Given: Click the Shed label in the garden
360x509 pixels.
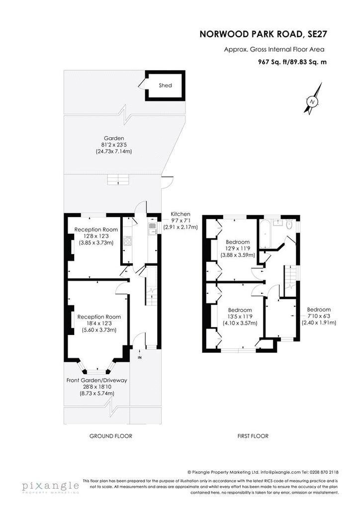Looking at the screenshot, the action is click(x=165, y=85).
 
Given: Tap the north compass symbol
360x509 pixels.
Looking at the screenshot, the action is click(x=313, y=98).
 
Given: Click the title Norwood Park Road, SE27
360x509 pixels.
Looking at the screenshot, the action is click(x=263, y=34).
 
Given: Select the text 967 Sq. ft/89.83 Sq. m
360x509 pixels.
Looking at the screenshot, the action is click(x=292, y=62).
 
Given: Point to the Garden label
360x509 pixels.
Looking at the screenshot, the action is click(x=114, y=138).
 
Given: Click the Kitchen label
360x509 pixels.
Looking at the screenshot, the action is click(x=180, y=214).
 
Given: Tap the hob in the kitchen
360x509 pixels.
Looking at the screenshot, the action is click(x=128, y=241).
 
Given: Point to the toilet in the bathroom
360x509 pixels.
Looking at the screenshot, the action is click(x=289, y=224).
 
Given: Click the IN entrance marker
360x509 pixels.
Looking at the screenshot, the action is click(x=140, y=358).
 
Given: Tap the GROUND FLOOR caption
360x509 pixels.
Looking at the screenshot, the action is click(x=111, y=436).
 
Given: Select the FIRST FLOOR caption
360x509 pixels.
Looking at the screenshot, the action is click(x=253, y=436).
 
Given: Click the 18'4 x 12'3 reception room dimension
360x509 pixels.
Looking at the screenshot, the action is click(x=99, y=323).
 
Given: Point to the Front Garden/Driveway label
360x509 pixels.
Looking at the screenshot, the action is click(x=97, y=380).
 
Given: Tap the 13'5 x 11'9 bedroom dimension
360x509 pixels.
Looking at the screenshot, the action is click(x=240, y=317).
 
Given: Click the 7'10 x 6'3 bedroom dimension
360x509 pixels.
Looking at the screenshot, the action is click(x=319, y=316).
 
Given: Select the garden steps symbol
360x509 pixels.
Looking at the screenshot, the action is click(x=118, y=179).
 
